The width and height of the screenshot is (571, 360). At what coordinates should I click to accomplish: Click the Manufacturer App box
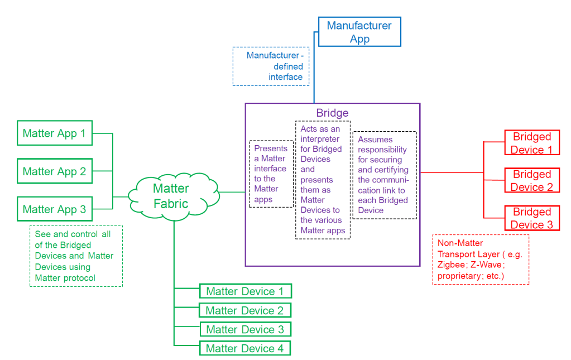[359, 32]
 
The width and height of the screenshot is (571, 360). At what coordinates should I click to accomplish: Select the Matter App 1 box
[55, 133]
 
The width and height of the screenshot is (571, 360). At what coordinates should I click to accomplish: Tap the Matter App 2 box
[55, 171]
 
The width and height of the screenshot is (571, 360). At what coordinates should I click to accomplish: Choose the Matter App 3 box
[55, 209]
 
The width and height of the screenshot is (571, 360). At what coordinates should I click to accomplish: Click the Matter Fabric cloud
[171, 196]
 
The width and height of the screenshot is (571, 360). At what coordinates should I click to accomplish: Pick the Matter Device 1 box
[245, 291]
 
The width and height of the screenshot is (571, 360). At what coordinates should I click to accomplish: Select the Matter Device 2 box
[245, 310]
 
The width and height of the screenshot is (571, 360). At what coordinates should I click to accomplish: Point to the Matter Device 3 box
[245, 329]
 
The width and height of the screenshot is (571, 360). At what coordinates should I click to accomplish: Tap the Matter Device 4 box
[245, 348]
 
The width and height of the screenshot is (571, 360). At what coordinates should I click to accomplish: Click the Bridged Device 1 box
[532, 143]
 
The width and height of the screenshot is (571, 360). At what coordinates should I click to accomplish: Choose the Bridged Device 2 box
[532, 180]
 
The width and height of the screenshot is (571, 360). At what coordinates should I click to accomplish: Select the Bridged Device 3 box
[532, 218]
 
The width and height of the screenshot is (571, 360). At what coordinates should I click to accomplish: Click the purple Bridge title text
[332, 113]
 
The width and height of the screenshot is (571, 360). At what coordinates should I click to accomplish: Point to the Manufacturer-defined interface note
[271, 66]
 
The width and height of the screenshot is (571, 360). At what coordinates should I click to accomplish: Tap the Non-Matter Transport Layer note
[481, 260]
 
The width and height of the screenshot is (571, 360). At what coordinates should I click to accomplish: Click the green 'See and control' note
[76, 256]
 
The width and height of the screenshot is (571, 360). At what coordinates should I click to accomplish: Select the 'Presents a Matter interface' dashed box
[271, 174]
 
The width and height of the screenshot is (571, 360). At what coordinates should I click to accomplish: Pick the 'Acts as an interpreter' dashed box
[323, 179]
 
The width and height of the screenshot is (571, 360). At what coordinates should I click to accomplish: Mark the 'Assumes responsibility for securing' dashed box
[385, 175]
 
